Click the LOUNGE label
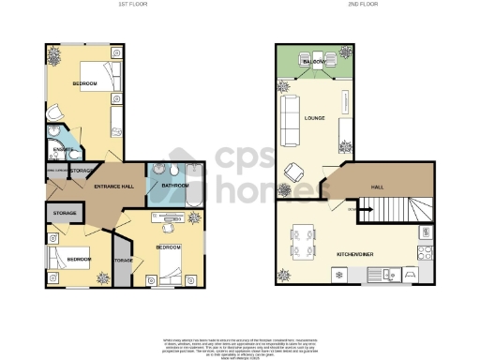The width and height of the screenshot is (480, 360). [316, 117]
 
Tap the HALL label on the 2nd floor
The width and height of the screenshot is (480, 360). [378, 187]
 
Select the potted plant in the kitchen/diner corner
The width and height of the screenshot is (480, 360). [284, 275]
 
